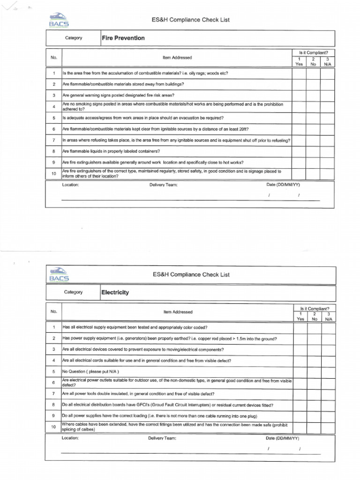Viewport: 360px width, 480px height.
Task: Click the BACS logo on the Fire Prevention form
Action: click(x=59, y=21)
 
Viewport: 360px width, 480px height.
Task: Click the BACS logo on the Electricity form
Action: click(x=59, y=275)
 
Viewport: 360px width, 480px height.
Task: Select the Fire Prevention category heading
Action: click(x=123, y=38)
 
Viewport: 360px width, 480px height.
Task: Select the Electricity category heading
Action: click(x=115, y=292)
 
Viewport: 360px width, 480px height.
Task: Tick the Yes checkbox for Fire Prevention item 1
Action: click(x=299, y=74)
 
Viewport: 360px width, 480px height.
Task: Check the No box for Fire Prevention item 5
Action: click(x=313, y=118)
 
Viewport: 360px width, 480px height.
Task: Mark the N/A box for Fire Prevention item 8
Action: click(x=327, y=151)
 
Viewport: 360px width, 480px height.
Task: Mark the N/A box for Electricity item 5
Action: click(x=329, y=372)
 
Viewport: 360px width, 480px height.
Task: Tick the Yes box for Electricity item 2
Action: click(x=300, y=338)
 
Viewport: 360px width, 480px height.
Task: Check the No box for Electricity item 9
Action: click(x=315, y=416)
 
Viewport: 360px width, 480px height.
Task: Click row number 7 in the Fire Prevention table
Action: click(x=54, y=140)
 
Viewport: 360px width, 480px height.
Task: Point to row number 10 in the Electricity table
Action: click(x=54, y=427)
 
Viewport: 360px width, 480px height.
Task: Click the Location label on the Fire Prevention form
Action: click(x=70, y=185)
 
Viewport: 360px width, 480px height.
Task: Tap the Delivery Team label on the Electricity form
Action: click(x=162, y=438)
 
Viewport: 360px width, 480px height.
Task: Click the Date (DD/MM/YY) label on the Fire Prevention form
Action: click(x=283, y=185)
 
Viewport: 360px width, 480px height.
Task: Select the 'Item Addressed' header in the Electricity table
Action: click(x=178, y=312)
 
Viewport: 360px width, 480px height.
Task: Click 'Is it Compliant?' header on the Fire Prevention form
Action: click(x=313, y=52)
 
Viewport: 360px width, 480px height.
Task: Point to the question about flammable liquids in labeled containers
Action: click(x=111, y=151)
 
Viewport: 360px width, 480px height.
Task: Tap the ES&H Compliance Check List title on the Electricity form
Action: click(x=191, y=275)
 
